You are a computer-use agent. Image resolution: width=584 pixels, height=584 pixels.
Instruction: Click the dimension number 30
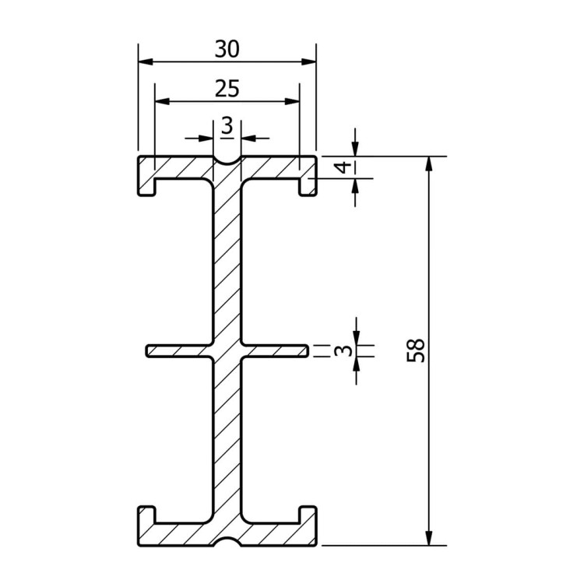[x=227, y=49]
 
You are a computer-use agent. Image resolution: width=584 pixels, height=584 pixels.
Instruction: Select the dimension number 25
[x=227, y=89]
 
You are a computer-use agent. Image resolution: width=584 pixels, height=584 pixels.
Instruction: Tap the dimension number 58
[x=416, y=350]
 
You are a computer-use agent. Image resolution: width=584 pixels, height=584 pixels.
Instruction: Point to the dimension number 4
[x=343, y=167]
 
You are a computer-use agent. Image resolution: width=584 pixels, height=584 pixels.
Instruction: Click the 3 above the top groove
[x=227, y=126]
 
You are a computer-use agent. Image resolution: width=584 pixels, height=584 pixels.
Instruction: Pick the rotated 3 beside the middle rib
[x=343, y=350]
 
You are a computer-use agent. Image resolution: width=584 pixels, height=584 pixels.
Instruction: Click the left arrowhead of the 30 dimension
[x=146, y=62]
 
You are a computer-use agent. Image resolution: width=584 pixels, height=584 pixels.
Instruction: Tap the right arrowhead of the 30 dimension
[x=309, y=62]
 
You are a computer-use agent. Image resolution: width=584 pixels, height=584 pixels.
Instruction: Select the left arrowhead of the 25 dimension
[x=162, y=101]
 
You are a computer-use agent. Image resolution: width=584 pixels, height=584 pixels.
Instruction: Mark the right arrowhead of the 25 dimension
[x=292, y=101]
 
